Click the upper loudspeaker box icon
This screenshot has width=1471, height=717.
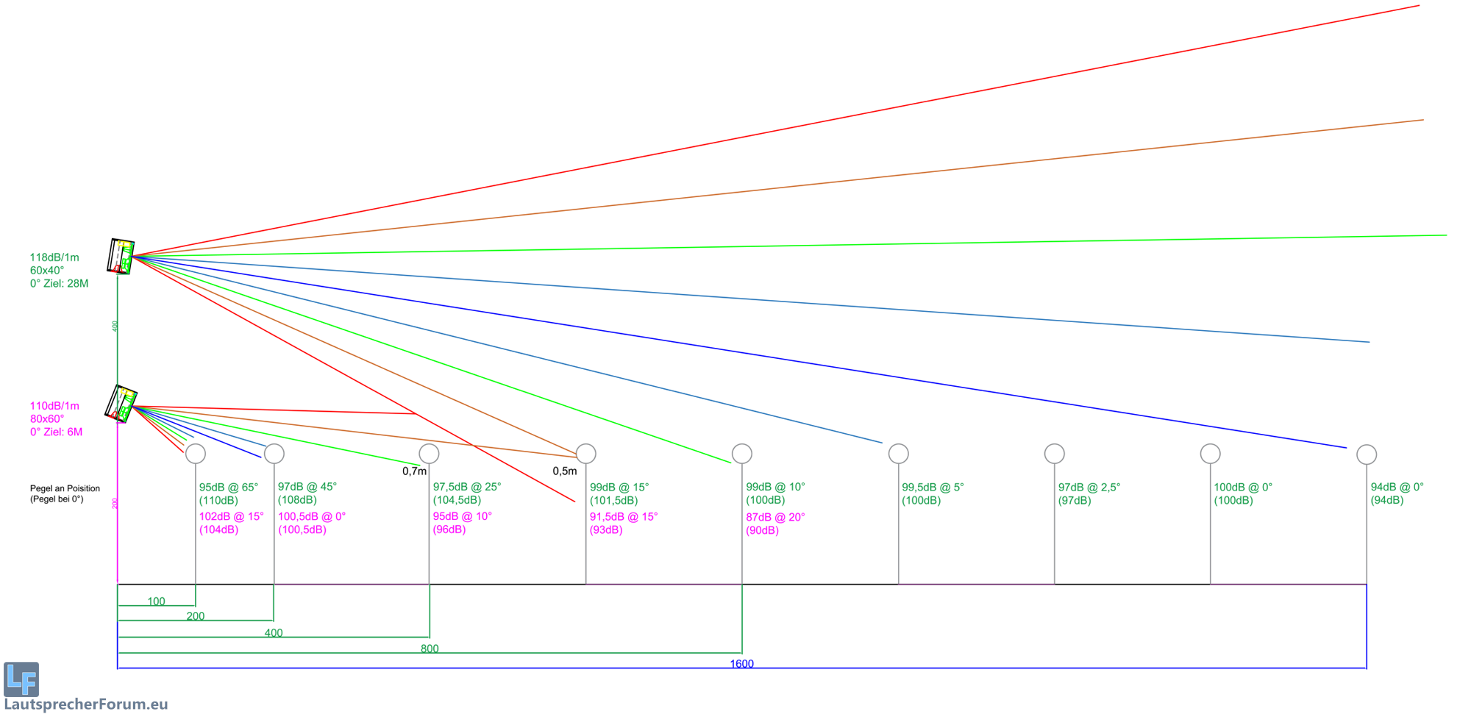point(121,256)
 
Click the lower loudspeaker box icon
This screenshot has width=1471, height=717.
point(121,404)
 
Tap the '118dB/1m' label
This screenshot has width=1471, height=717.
point(54,257)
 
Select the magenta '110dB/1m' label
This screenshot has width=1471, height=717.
point(54,406)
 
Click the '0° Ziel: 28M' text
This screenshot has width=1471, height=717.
point(59,284)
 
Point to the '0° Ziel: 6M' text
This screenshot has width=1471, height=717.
point(56,432)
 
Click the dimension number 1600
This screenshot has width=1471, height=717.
point(741,664)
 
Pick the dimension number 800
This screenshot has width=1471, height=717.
point(430,649)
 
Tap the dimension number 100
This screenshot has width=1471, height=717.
point(156,602)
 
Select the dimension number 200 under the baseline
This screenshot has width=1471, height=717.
point(196,616)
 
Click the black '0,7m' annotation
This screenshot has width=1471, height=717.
point(414,471)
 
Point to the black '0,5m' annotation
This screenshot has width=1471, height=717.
point(565,471)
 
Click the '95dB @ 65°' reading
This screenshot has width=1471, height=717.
point(229,487)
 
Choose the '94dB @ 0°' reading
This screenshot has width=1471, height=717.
point(1397,487)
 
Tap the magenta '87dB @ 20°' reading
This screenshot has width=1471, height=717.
point(775,517)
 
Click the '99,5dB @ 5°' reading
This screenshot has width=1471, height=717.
point(933,487)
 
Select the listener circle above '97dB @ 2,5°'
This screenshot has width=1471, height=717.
point(1055,454)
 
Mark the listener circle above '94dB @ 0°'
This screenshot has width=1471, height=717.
point(1367,454)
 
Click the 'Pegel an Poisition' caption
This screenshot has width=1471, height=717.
point(65,488)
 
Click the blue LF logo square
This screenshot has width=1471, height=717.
point(21,679)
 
